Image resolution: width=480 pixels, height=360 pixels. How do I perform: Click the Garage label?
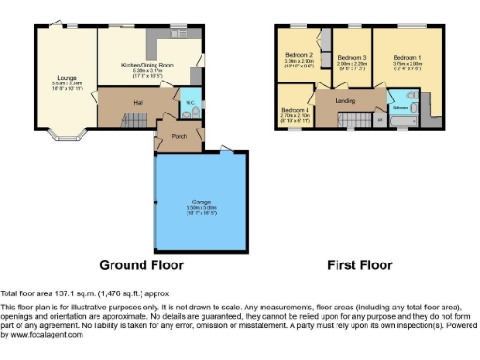[202, 200]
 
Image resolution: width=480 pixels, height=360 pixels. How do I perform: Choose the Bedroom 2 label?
[300, 55]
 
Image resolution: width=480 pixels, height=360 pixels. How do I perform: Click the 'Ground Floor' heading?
[141, 265]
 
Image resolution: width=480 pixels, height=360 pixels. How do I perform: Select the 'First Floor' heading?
[358, 265]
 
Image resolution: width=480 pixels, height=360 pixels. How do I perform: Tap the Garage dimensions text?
[202, 209]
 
